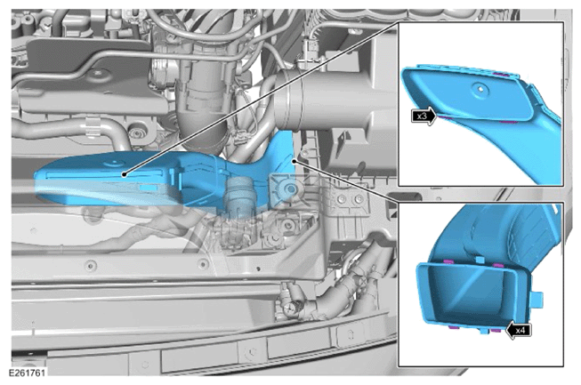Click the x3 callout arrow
(424, 116)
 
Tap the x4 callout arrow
(518, 330)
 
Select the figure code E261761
(28, 373)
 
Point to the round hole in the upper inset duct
(480, 89)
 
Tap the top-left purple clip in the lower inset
(448, 262)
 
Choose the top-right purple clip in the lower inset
(499, 265)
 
